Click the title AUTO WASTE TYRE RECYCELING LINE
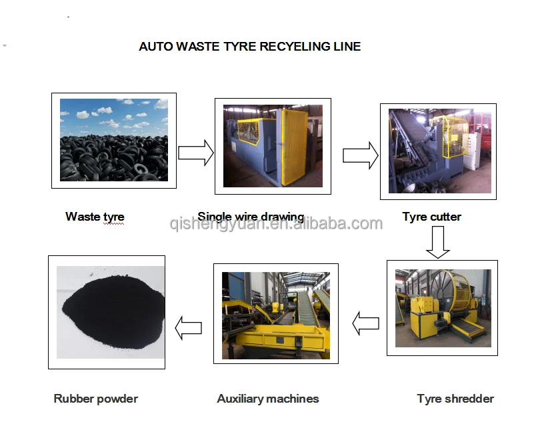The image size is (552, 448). tap(249, 47)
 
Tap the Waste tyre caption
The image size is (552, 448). tap(95, 217)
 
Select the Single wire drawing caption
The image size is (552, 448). tap(251, 217)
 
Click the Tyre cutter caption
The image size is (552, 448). tap(431, 217)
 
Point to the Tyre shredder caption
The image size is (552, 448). tap(455, 399)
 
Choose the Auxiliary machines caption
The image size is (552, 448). tap(268, 399)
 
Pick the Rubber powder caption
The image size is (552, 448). tap(95, 399)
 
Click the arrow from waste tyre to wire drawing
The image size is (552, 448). tap(195, 154)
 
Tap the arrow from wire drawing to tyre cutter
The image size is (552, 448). tap(360, 156)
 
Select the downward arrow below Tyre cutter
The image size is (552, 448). tap(438, 242)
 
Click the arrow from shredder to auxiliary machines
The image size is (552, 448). tap(365, 325)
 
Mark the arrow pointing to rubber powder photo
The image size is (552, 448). tap(188, 327)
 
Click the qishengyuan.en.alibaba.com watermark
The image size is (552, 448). tap(276, 224)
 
